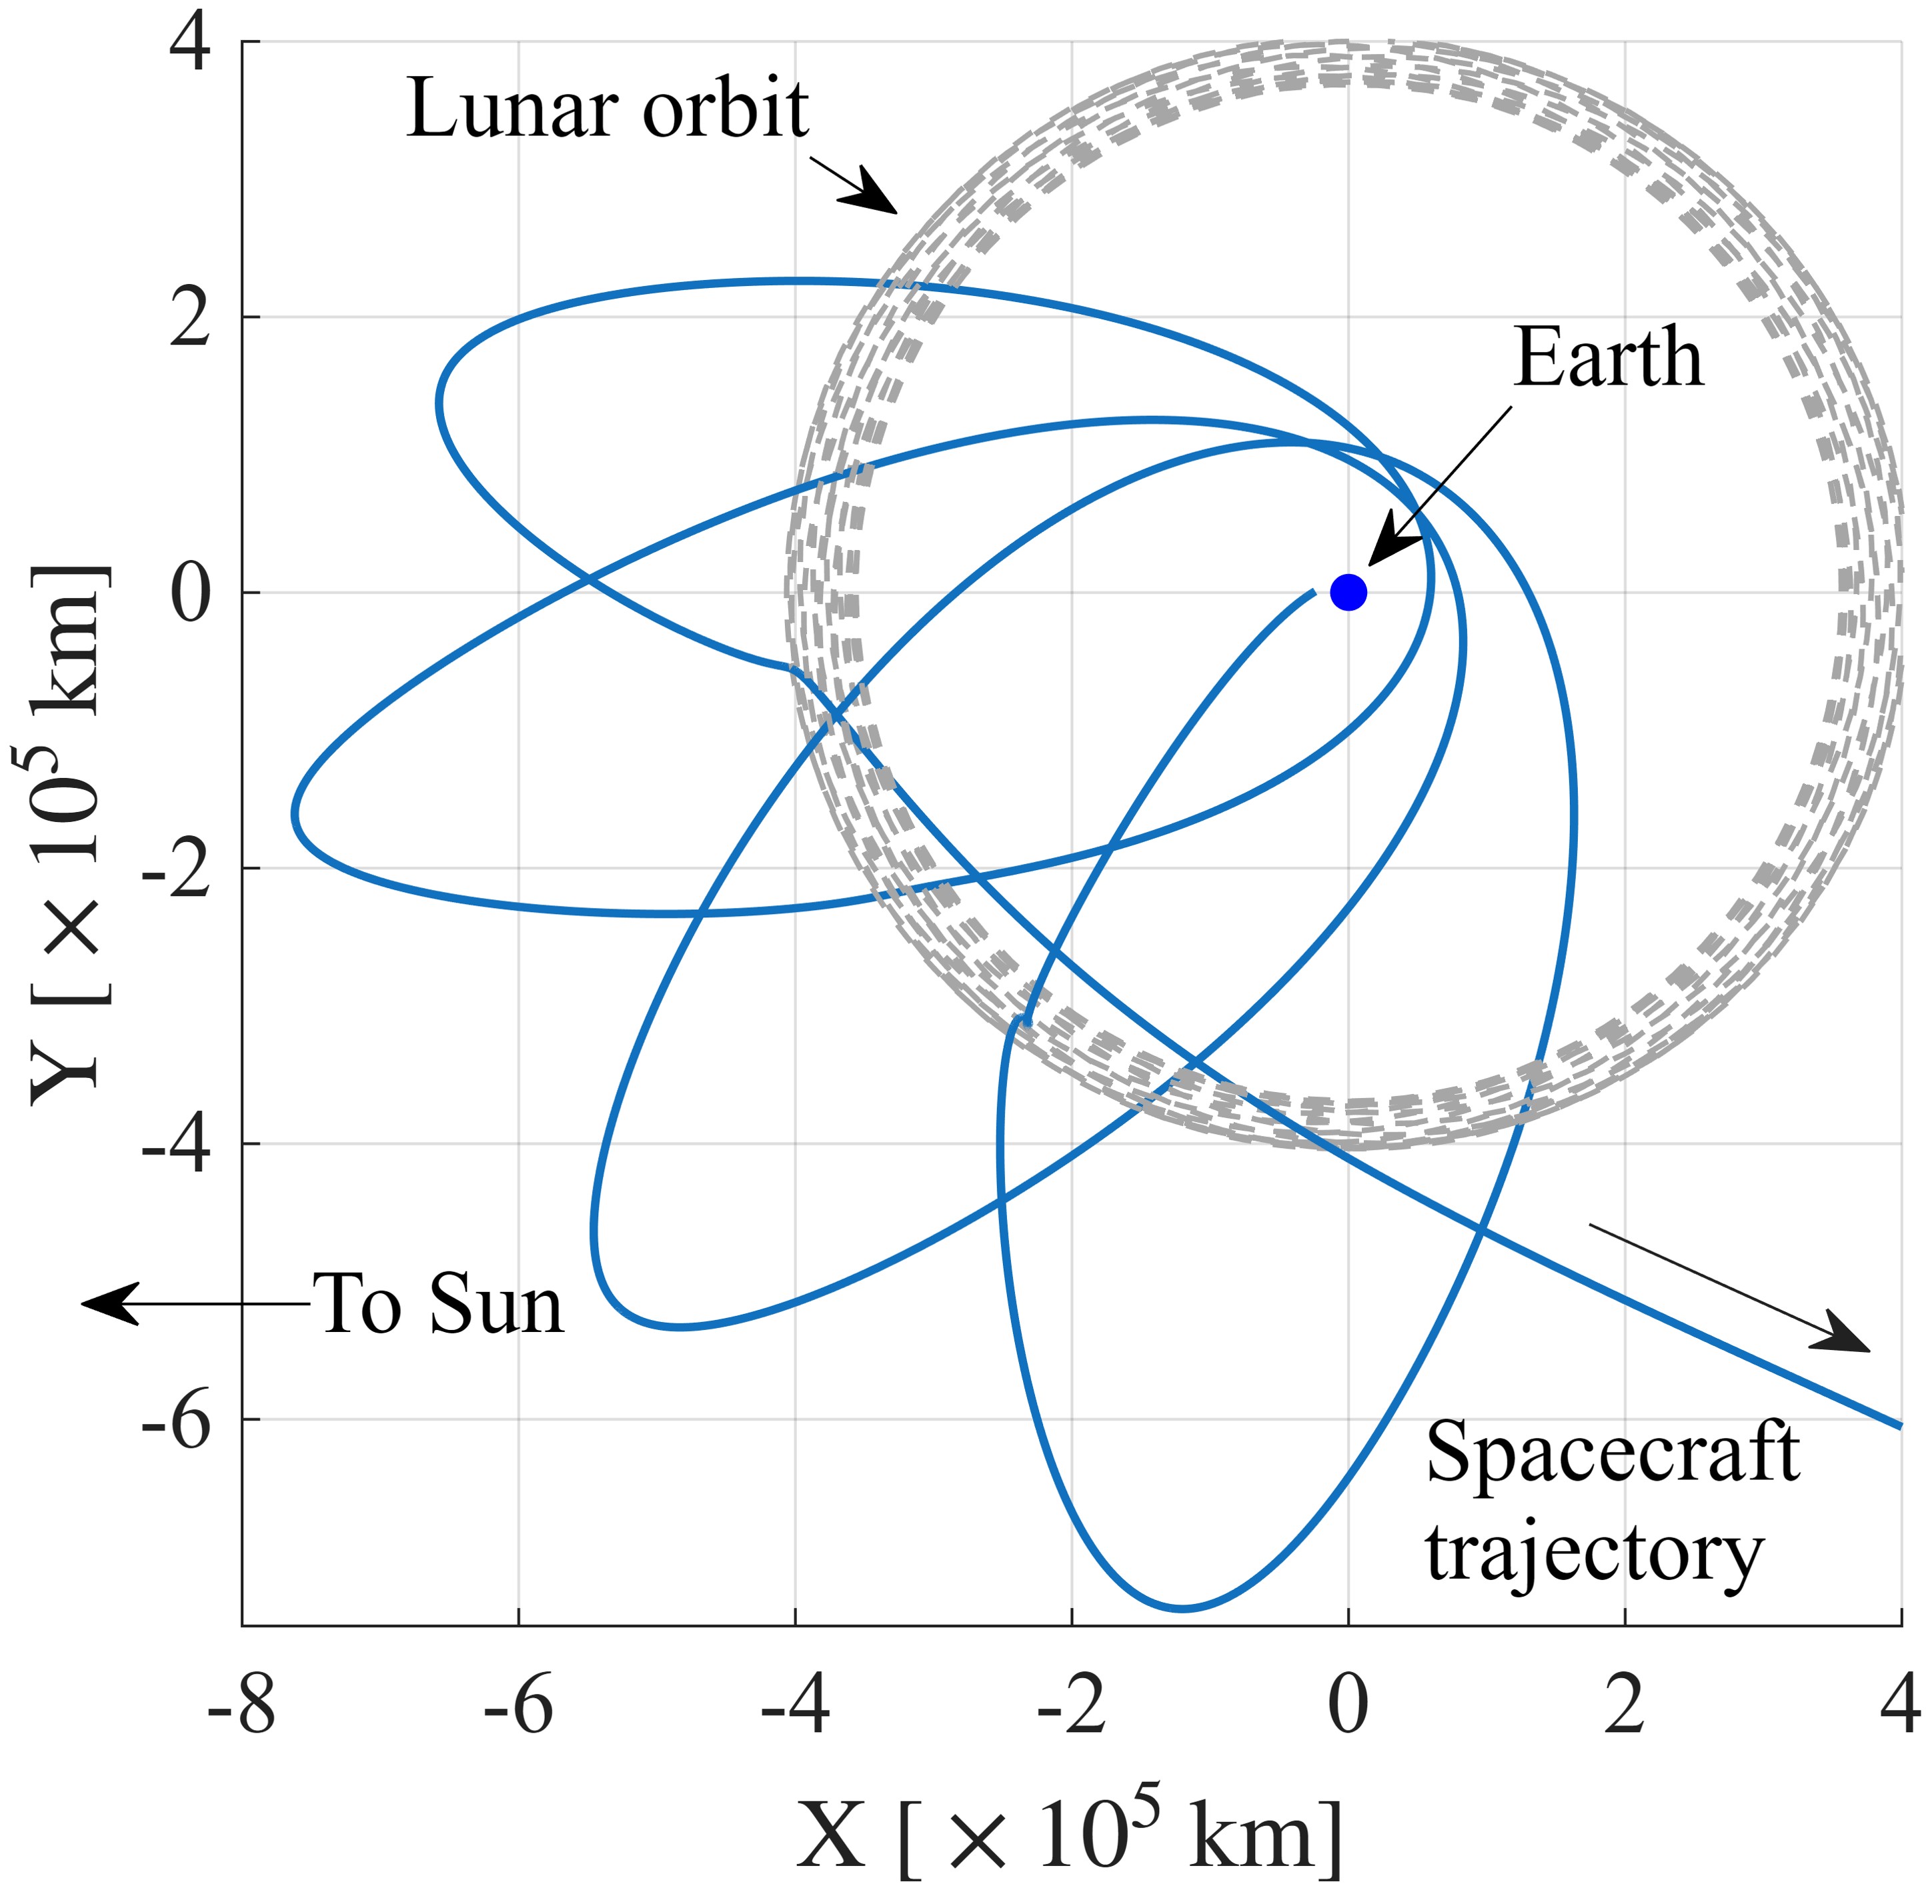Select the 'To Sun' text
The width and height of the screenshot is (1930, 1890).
point(438,1305)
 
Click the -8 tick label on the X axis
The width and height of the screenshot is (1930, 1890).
point(241,1707)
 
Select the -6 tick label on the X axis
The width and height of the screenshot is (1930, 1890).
point(518,1707)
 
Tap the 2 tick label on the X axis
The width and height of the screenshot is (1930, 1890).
point(1624,1707)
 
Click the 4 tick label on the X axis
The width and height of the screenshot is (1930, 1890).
point(1899,1707)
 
